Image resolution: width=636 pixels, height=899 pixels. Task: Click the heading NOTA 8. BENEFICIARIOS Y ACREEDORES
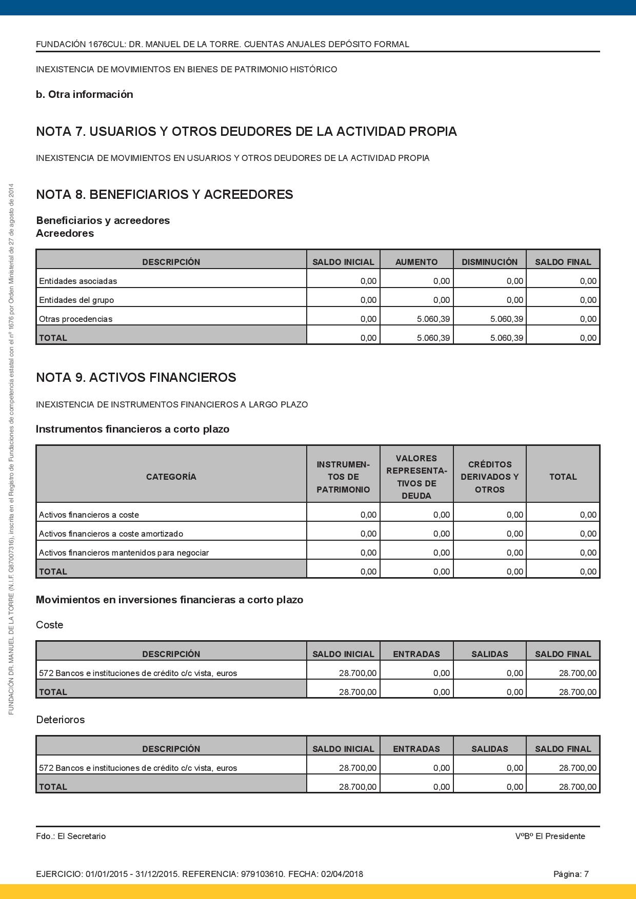pyautogui.click(x=164, y=195)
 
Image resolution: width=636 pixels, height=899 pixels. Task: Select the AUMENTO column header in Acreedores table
pyautogui.click(x=416, y=262)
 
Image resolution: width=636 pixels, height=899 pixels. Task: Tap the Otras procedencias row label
pyautogui.click(x=75, y=319)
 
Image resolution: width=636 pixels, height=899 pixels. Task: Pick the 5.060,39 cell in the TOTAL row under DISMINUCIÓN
pyautogui.click(x=506, y=338)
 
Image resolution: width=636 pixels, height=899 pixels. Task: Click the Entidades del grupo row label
pyautogui.click(x=76, y=300)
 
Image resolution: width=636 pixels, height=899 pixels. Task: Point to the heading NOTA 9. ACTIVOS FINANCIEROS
pyautogui.click(x=136, y=378)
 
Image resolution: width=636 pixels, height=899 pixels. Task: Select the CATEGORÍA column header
pyautogui.click(x=171, y=477)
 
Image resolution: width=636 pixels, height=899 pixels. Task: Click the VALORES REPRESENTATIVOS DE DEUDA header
pyautogui.click(x=416, y=477)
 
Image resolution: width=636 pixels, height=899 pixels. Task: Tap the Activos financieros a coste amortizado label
pyautogui.click(x=111, y=534)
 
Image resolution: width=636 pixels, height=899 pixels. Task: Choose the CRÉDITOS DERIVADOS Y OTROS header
pyautogui.click(x=489, y=477)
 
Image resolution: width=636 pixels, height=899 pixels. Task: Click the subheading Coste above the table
pyautogui.click(x=50, y=625)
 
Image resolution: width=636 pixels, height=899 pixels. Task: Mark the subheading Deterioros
pyautogui.click(x=60, y=720)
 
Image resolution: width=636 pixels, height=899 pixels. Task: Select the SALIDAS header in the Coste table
pyautogui.click(x=489, y=654)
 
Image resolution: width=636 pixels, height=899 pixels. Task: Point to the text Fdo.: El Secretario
pyautogui.click(x=71, y=836)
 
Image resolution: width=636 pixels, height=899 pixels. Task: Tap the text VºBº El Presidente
pyautogui.click(x=550, y=836)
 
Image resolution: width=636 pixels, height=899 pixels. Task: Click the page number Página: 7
pyautogui.click(x=571, y=874)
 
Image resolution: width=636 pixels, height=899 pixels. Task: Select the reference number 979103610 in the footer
pyautogui.click(x=263, y=874)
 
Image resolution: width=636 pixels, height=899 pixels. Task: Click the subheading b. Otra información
pyautogui.click(x=84, y=94)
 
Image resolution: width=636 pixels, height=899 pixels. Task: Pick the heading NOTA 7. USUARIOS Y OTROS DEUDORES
pyautogui.click(x=246, y=132)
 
